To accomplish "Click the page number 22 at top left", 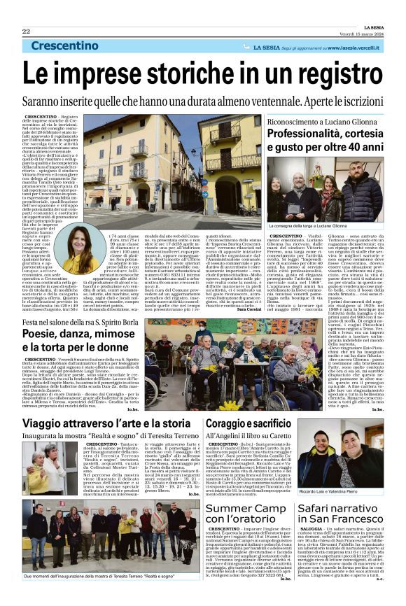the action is [x=26, y=32].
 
